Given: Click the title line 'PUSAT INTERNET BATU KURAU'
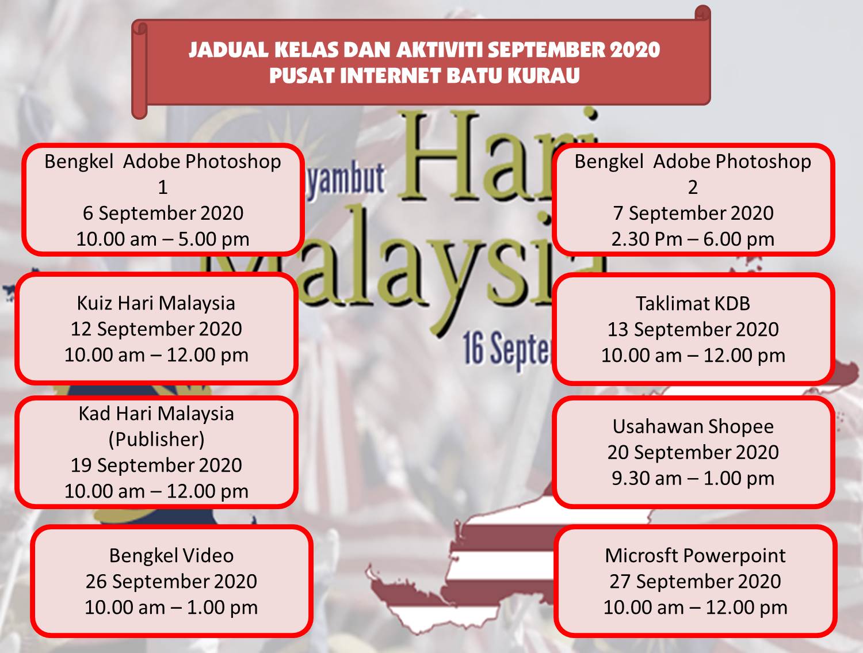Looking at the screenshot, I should (424, 75).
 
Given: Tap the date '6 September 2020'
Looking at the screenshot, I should (163, 213).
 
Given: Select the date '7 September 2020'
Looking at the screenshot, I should (693, 213).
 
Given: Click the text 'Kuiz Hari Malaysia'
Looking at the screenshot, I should (156, 303).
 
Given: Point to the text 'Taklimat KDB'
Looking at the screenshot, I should (693, 303).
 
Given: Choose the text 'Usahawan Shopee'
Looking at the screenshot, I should (693, 426).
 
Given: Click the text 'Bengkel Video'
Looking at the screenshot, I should (171, 555).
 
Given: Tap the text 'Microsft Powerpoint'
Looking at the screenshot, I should (695, 555).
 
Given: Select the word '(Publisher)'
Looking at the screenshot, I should (156, 439).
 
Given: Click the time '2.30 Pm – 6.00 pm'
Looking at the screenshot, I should (693, 239).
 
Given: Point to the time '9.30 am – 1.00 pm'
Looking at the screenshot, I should (693, 478).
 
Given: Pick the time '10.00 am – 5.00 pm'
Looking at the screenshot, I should (163, 239).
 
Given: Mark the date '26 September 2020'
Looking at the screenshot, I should (171, 581).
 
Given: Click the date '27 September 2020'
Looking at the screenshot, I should (695, 581).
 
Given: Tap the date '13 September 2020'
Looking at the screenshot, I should (693, 329).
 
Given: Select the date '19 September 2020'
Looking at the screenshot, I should (156, 465).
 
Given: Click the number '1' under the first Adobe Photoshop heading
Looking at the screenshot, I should (163, 187).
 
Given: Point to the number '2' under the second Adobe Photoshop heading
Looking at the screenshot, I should (693, 187).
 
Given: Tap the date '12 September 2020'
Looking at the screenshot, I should (156, 329).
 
